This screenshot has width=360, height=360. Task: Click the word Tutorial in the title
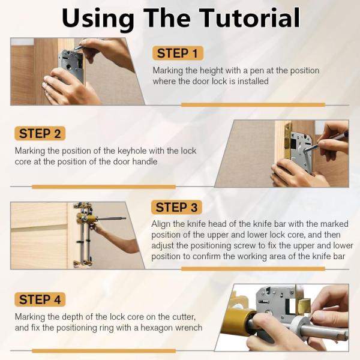[250, 18]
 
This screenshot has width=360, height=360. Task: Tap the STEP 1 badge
[178, 53]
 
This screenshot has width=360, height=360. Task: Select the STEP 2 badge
[40, 133]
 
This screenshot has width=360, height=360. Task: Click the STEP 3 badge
[176, 208]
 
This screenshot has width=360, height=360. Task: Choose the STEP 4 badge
[40, 299]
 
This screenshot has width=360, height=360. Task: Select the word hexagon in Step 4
[156, 328]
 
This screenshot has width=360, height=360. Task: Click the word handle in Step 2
[145, 161]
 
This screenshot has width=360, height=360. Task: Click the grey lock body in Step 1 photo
[71, 65]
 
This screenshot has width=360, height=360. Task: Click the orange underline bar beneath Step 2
[104, 187]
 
